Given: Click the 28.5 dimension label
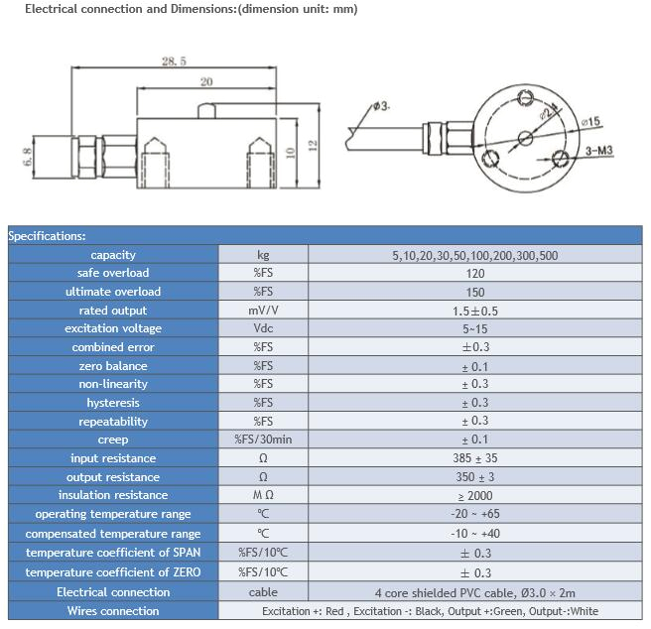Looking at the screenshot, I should (x=174, y=62).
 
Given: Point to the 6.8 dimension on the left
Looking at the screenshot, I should (x=26, y=157).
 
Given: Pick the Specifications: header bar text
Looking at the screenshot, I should (x=47, y=236).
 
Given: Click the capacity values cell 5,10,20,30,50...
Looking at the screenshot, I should (x=474, y=255).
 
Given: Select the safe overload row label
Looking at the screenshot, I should (x=113, y=273).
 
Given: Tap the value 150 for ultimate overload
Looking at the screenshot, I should (x=474, y=292).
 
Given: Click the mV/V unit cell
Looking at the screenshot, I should (x=263, y=311).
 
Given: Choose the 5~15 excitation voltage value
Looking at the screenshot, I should (x=474, y=328).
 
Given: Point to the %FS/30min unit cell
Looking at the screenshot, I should (x=263, y=440).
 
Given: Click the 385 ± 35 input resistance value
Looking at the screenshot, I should (x=474, y=458).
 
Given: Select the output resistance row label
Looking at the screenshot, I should (x=113, y=477).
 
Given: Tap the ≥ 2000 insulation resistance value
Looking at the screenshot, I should (x=474, y=495).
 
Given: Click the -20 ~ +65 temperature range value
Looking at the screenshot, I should (x=474, y=514).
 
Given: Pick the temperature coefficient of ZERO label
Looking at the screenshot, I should (x=113, y=572).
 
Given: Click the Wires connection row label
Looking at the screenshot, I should (x=113, y=611).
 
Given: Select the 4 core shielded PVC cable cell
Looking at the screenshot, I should (x=474, y=592).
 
